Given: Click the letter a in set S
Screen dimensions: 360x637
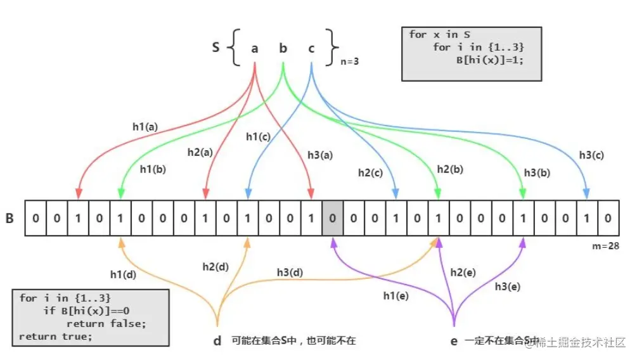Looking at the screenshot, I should (255, 48).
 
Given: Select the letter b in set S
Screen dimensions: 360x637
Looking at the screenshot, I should (283, 48).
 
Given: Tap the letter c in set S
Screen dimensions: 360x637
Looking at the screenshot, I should (311, 48).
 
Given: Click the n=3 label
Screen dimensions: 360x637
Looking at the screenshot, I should (352, 62).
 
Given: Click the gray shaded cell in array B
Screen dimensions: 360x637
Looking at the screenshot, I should (332, 218).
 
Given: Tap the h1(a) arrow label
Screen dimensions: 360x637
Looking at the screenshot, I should (145, 126).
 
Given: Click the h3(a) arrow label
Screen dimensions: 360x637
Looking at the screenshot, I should (319, 154).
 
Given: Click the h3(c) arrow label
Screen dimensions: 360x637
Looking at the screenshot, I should (591, 154).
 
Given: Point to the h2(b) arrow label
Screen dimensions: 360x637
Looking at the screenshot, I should (450, 169).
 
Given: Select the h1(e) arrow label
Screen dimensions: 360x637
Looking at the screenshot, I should (396, 295).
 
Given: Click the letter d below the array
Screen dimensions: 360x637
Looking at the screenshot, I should (217, 341).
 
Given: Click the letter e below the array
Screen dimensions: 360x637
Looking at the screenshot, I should (454, 341).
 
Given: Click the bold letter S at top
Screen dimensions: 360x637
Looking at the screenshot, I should (216, 47).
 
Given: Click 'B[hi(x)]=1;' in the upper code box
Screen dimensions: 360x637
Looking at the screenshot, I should (487, 61).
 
